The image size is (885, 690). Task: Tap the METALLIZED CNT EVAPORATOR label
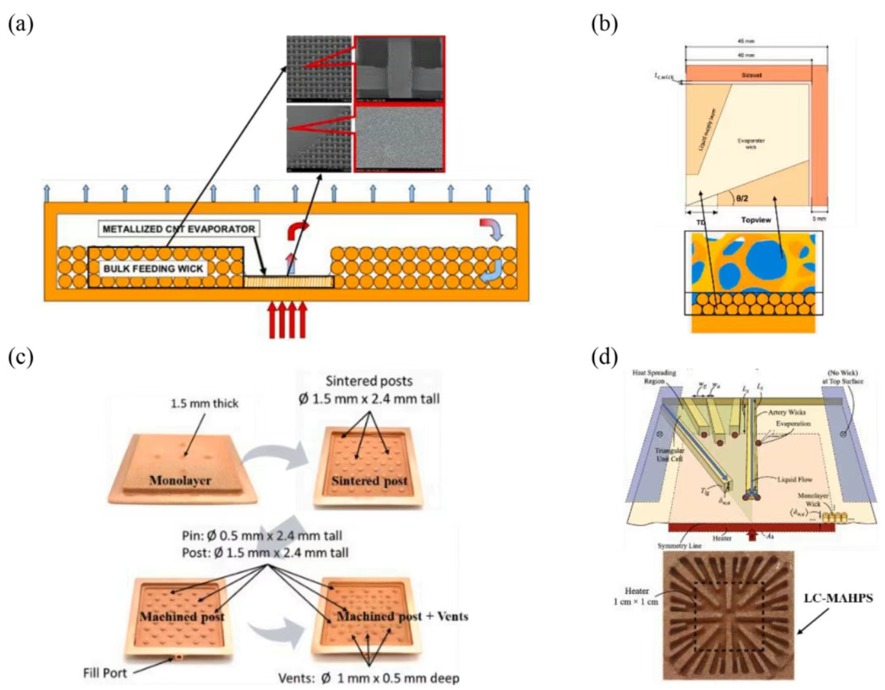tap(179, 229)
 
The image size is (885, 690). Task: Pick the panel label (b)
tap(604, 24)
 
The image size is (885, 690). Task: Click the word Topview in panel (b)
tap(755, 220)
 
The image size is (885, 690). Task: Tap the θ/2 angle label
tap(742, 199)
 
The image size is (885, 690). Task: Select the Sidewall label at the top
tap(751, 75)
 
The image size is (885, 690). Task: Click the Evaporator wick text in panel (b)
tap(751, 143)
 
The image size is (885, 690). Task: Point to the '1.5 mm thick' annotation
tap(204, 403)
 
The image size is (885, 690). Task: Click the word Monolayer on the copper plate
tap(180, 480)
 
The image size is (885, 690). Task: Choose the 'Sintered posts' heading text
tap(369, 381)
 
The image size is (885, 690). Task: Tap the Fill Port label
tap(105, 673)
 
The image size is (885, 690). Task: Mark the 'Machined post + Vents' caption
tap(403, 616)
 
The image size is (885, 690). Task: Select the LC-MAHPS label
tap(838, 598)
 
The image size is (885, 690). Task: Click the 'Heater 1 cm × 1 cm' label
tap(636, 596)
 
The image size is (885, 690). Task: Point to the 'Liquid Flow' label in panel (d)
tap(795, 479)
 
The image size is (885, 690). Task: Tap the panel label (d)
tap(604, 357)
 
